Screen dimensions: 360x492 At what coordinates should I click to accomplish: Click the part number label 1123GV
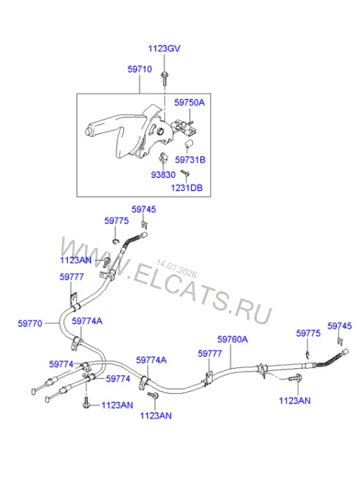(x=164, y=49)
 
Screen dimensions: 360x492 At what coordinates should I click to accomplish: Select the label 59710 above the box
(x=140, y=69)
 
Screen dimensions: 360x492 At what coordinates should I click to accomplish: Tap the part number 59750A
(x=189, y=102)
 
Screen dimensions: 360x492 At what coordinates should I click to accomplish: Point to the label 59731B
(x=190, y=160)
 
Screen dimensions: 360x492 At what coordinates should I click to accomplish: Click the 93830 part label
(x=163, y=174)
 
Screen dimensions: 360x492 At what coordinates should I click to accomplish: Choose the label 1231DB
(x=186, y=187)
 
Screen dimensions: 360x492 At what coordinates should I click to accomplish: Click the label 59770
(x=30, y=323)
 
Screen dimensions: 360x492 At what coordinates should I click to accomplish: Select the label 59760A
(x=233, y=339)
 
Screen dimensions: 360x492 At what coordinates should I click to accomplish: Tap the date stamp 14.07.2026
(x=176, y=269)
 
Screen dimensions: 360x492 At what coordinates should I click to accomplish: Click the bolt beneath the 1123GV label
(x=164, y=79)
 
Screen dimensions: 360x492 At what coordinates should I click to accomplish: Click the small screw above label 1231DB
(x=185, y=173)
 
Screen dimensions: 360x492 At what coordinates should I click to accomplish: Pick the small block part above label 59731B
(x=188, y=145)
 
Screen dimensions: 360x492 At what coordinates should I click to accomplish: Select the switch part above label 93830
(x=163, y=158)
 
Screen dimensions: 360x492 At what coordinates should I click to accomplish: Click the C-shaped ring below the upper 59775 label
(x=116, y=241)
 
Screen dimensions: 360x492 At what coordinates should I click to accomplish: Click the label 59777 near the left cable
(x=72, y=277)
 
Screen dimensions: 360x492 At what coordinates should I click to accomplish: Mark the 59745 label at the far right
(x=340, y=326)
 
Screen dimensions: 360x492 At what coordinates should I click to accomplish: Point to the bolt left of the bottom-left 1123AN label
(x=86, y=404)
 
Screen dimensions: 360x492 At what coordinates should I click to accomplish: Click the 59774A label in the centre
(x=151, y=360)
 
